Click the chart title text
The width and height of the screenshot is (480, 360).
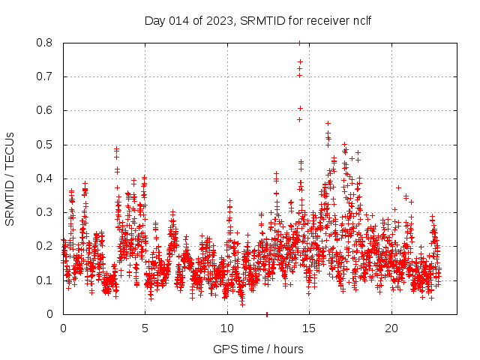(258, 19)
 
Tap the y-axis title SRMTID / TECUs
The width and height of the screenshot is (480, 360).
(10, 178)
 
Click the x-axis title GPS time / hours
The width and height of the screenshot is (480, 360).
(258, 349)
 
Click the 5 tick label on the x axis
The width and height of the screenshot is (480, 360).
(145, 328)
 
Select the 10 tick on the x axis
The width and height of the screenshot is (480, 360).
(227, 328)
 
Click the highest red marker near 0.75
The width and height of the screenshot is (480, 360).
(300, 61)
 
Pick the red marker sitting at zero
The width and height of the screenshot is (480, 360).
(267, 313)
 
